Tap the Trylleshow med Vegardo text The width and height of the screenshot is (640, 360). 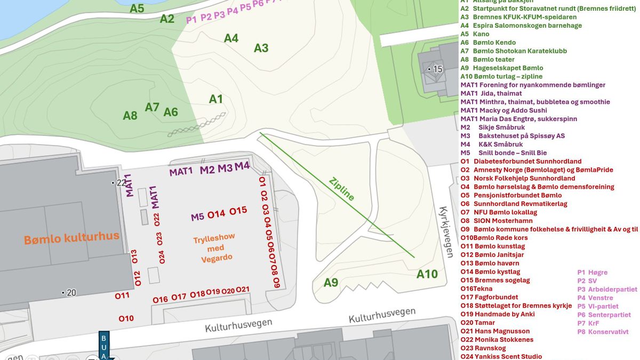point(213,248)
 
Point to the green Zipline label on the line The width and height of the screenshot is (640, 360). point(342,189)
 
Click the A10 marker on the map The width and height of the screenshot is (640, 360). point(427,274)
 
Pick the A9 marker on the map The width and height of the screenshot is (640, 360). point(331,282)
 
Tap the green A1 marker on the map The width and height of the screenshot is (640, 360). point(215,99)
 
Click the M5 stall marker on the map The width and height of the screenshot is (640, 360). point(197,217)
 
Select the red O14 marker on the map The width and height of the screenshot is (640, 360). point(216,214)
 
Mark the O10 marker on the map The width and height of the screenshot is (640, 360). point(126,318)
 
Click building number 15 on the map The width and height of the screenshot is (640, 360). point(437,69)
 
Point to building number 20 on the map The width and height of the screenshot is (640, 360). point(70,292)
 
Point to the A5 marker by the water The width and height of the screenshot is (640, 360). point(137,8)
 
